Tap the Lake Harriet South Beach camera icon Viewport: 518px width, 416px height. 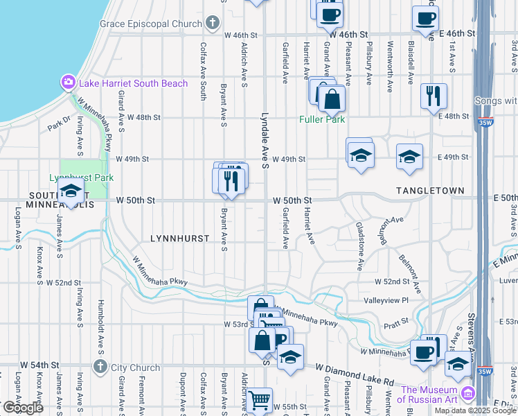coord(69,83)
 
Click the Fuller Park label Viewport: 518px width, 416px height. coord(322,119)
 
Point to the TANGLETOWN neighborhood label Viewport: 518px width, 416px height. coord(429,190)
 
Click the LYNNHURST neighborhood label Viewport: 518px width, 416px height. coord(179,238)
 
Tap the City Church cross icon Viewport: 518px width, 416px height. coord(100,367)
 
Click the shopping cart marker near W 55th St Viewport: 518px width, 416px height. coord(260,400)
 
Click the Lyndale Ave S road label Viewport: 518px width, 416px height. coord(265,141)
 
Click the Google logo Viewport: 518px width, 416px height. coord(23,408)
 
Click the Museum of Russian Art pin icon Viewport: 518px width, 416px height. coord(468,393)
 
